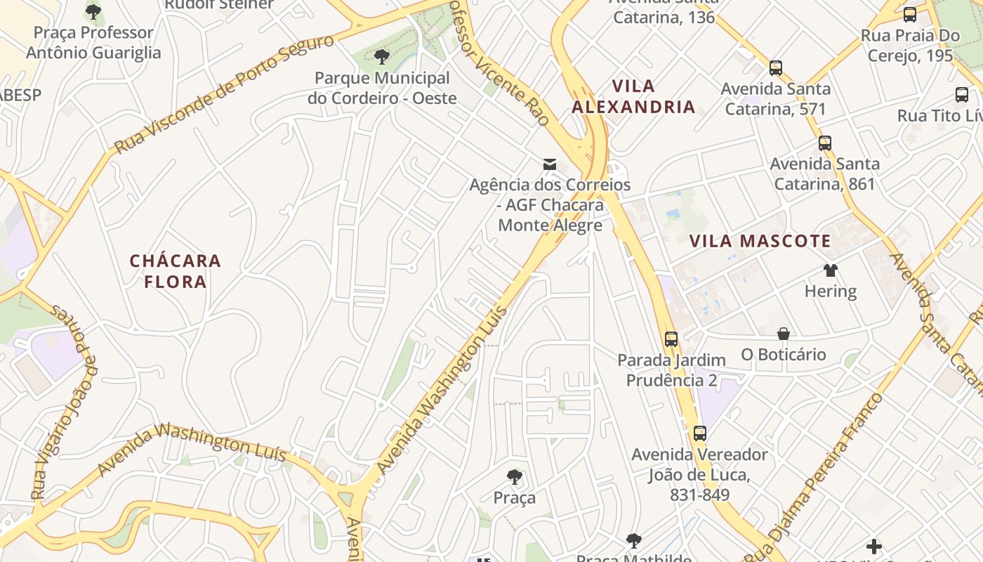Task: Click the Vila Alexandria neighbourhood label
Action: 633,96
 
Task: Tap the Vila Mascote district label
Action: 760,242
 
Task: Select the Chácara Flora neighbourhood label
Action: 176,271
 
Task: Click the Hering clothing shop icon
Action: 831,270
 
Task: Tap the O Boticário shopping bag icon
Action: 784,334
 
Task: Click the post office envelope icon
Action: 550,164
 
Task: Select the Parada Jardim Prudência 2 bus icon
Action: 671,339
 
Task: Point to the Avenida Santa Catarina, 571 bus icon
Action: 776,68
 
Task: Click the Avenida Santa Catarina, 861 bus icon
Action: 825,143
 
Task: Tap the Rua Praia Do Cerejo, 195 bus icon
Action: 910,15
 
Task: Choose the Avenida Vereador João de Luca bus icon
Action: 699,433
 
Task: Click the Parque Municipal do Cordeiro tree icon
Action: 382,57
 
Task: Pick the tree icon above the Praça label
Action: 515,477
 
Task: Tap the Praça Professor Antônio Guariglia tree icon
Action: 93,12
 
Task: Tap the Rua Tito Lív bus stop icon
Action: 962,95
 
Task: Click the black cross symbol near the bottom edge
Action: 874,546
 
